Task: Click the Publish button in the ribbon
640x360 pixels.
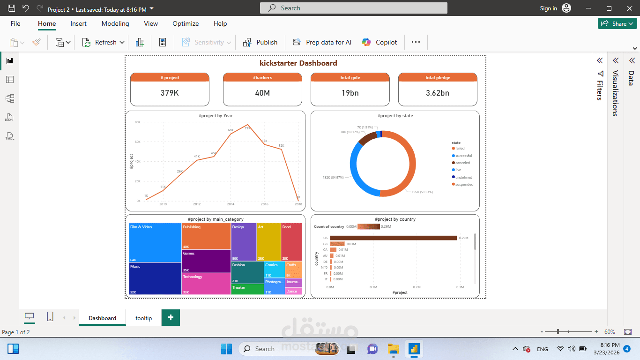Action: [x=261, y=42]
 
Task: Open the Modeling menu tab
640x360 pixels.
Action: [x=115, y=23]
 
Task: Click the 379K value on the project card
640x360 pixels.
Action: [x=170, y=93]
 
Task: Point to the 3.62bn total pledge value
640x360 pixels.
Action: [x=438, y=93]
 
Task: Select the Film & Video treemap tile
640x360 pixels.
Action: [x=155, y=242]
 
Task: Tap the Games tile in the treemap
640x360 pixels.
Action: [x=206, y=261]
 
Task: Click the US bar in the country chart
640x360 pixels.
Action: [x=393, y=238]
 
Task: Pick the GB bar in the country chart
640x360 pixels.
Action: [x=337, y=244]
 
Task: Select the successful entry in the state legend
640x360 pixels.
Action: [x=463, y=156]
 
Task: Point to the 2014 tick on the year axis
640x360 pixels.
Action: [x=231, y=204]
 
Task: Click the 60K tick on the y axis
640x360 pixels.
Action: [x=138, y=142]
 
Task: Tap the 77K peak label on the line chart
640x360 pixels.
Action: [x=247, y=128]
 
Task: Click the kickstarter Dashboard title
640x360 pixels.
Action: [x=298, y=63]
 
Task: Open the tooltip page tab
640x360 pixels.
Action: [x=144, y=318]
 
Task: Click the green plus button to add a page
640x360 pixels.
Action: [x=171, y=318]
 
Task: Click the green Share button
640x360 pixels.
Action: [x=617, y=23]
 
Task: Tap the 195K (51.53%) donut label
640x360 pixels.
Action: [x=422, y=192]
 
